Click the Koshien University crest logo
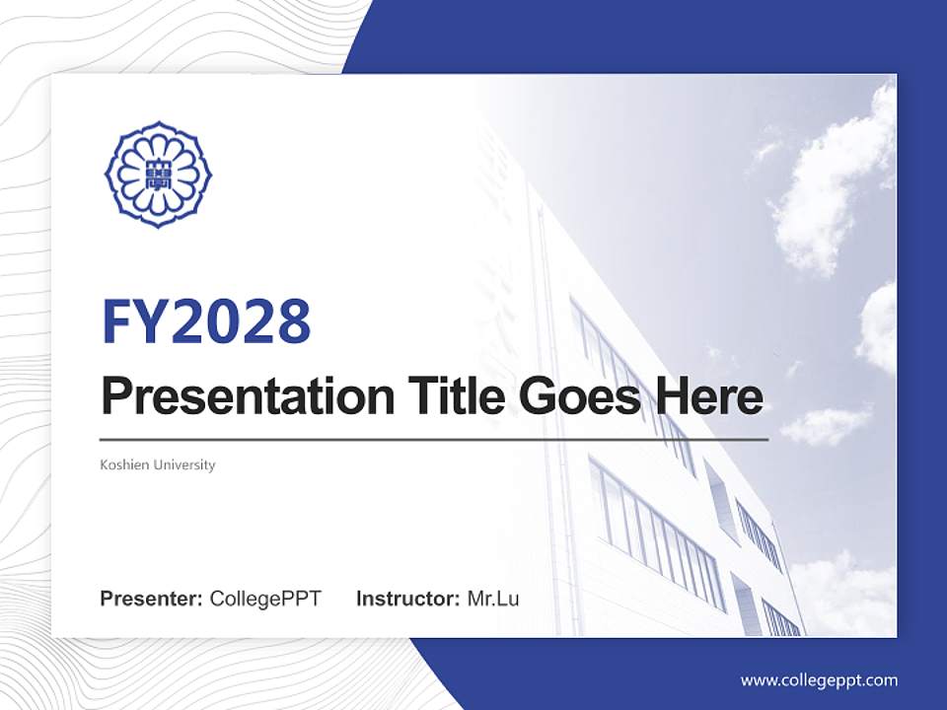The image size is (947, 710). [x=158, y=176]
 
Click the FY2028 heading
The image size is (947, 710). [x=206, y=321]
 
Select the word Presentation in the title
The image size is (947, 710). [x=248, y=396]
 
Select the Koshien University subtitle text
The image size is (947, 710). [x=158, y=464]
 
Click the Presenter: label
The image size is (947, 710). [x=151, y=599]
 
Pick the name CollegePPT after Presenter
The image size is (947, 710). [x=265, y=599]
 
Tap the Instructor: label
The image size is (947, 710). [x=408, y=599]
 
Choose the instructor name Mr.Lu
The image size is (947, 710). [x=493, y=599]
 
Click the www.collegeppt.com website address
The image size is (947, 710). [x=819, y=681]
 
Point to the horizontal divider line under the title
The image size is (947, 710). [x=434, y=440]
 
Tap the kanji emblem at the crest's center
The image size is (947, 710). [x=158, y=176]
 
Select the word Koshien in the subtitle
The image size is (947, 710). [x=124, y=464]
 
